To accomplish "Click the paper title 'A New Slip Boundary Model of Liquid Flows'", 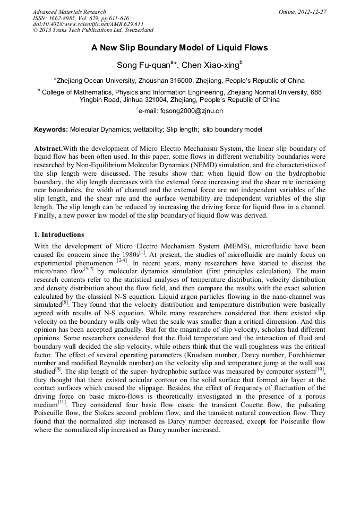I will (x=179, y=48).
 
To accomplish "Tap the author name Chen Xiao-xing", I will (x=211, y=65).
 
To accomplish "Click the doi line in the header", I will (x=88, y=24).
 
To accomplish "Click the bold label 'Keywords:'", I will (x=51, y=130).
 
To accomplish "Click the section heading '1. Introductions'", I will (x=59, y=234).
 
